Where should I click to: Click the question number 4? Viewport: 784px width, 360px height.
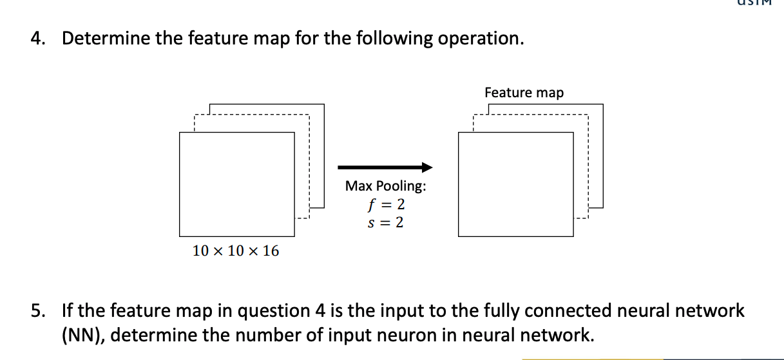point(38,39)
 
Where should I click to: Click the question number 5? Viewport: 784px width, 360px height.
point(38,311)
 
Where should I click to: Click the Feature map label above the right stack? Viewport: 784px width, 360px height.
point(524,93)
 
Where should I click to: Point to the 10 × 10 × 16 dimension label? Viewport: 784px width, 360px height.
point(236,251)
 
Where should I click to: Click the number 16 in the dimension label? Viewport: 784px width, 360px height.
point(271,251)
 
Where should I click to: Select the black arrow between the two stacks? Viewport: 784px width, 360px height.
point(385,167)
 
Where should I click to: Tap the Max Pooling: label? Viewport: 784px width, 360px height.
point(385,187)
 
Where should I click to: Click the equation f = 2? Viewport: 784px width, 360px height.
point(385,205)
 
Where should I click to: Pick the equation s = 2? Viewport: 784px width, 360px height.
point(385,223)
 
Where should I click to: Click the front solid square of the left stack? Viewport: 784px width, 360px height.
point(236,184)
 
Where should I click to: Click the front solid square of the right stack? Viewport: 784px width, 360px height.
point(515,184)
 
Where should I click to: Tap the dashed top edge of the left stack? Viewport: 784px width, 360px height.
point(251,116)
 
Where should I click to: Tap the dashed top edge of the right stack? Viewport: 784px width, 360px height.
point(530,116)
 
